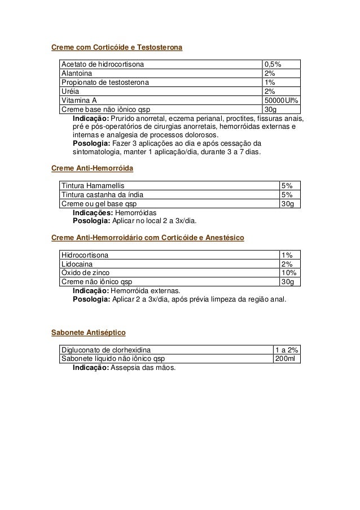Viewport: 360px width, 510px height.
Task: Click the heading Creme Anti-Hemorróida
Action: [92, 168]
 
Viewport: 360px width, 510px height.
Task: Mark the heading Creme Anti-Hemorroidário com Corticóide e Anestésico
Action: [147, 238]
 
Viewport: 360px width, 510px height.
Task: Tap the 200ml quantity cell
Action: [286, 359]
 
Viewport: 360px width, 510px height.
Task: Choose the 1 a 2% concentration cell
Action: [286, 350]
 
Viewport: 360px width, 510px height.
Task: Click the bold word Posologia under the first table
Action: [90, 143]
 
